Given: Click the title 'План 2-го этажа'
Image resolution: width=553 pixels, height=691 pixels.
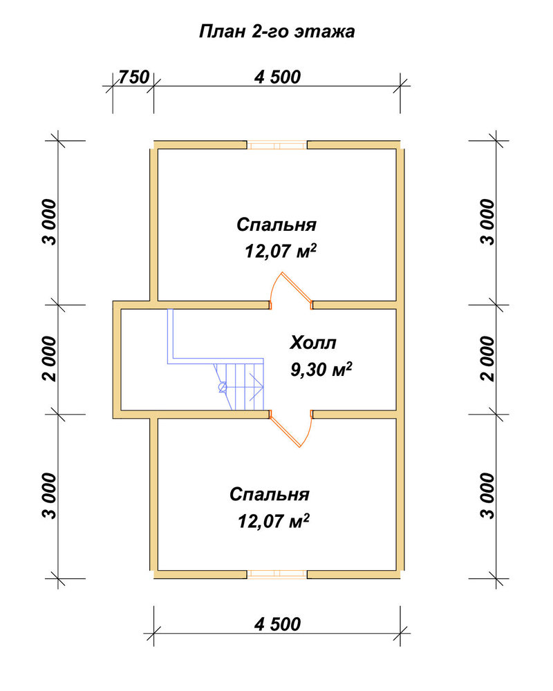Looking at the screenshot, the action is (x=277, y=32).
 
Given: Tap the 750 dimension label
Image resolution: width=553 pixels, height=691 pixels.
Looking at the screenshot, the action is (x=134, y=77).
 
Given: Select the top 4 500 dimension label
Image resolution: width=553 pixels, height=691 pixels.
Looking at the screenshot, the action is (x=277, y=77).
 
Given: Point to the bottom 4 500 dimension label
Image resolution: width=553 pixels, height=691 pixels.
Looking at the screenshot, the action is (x=277, y=624).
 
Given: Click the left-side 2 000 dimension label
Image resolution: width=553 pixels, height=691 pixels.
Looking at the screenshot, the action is (x=50, y=359).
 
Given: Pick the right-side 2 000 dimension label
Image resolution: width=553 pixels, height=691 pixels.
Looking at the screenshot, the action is (x=488, y=359).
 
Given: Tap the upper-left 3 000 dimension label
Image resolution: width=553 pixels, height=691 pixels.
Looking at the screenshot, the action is (x=50, y=222).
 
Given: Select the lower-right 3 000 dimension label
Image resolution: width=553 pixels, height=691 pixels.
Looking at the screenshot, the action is (x=488, y=495).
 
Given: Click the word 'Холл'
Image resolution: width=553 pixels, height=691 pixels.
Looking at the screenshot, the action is (x=313, y=343).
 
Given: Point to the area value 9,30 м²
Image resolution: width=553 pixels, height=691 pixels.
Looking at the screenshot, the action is (x=321, y=369).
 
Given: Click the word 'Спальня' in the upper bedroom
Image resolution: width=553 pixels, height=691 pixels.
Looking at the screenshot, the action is (x=276, y=225).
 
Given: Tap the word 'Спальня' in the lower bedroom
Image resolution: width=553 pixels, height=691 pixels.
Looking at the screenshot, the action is (x=270, y=495).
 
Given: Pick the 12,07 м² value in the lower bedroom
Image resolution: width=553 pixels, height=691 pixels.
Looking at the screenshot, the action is (x=274, y=521).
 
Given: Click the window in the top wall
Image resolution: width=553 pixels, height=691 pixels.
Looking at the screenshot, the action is (x=276, y=145).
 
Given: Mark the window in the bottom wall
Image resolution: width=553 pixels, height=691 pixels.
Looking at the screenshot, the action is (x=276, y=574).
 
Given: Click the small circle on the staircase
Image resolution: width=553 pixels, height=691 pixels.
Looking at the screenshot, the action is (x=223, y=388).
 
